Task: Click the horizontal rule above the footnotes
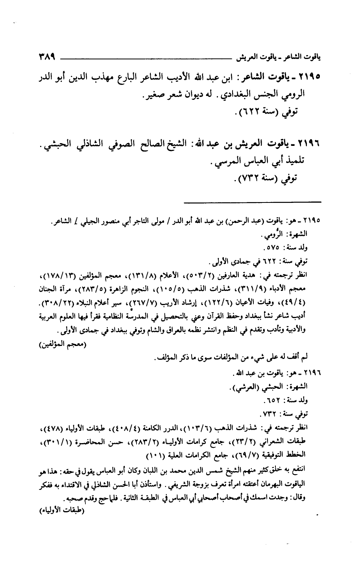252,202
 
